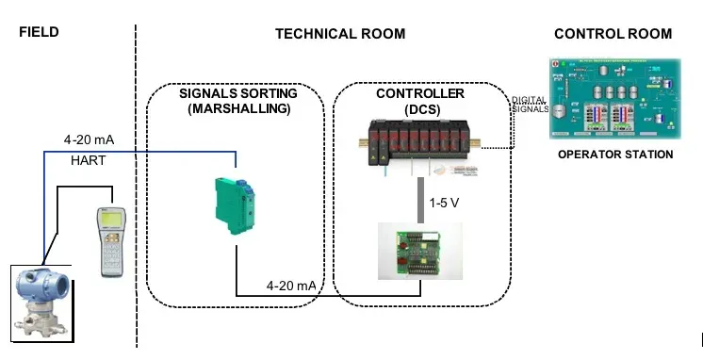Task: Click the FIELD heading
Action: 39,32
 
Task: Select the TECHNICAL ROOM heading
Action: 339,34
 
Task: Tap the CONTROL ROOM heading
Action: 613,34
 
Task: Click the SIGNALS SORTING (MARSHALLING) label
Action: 237,102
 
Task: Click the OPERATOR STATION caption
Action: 615,155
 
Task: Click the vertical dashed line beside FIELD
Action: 137,188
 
